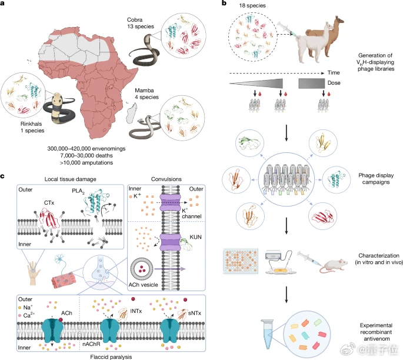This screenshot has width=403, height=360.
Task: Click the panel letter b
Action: (x=224, y=3)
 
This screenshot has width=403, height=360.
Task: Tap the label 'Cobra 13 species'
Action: (x=141, y=23)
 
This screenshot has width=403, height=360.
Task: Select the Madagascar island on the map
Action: (x=131, y=114)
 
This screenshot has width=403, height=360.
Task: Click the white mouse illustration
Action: (x=334, y=265)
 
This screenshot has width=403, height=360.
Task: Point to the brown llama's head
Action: (x=339, y=19)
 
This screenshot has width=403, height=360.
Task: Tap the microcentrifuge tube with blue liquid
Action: (x=267, y=334)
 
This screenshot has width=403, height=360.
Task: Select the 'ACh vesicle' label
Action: (x=143, y=285)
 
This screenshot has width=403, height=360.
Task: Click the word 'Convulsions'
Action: (x=166, y=179)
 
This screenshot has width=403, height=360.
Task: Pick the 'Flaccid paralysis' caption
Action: (x=111, y=356)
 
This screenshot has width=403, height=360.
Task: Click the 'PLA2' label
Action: (x=78, y=191)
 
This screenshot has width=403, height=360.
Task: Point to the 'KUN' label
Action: (x=195, y=237)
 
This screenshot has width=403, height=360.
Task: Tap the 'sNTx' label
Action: (x=195, y=313)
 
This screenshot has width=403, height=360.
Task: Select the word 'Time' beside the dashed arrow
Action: (x=334, y=73)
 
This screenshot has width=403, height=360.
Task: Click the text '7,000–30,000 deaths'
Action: (x=86, y=155)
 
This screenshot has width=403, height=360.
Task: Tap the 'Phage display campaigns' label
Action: (x=376, y=179)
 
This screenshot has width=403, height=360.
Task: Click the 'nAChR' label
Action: (x=91, y=344)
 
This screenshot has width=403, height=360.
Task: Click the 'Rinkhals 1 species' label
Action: (x=32, y=127)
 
